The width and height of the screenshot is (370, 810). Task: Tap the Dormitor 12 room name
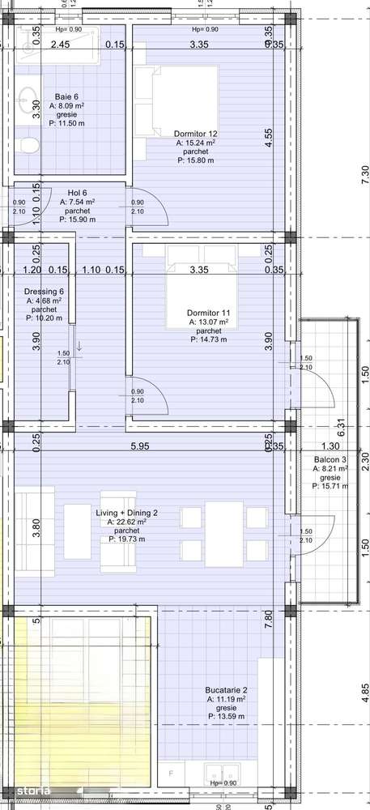pyautogui.click(x=195, y=134)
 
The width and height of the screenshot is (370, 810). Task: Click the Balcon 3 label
pyautogui.click(x=330, y=459)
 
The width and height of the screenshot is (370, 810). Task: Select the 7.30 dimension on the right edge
pyautogui.click(x=364, y=172)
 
